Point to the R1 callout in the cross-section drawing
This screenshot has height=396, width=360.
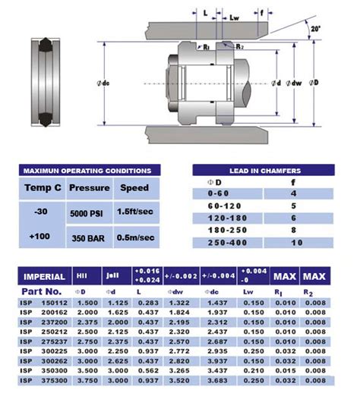point(206,47)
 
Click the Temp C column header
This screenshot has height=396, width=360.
point(43,187)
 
